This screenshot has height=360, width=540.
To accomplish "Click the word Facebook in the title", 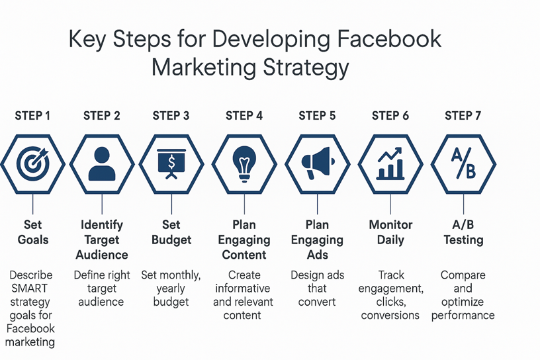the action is [x=389, y=38].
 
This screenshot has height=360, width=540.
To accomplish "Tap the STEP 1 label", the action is [x=32, y=116].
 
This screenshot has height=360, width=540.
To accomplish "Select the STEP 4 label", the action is [x=244, y=116].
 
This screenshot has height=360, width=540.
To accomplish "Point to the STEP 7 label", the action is [x=463, y=116].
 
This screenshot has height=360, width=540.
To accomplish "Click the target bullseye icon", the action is [x=33, y=163].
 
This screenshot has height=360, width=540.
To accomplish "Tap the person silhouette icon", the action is [x=102, y=163].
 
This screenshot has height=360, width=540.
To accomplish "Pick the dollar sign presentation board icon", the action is [x=171, y=164].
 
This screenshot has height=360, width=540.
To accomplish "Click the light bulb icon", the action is [x=244, y=164].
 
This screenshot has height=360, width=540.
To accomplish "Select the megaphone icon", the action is [x=318, y=163].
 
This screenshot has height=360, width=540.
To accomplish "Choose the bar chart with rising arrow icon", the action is [x=390, y=163].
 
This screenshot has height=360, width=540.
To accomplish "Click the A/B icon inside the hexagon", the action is [x=463, y=163].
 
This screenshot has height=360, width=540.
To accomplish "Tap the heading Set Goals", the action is [x=33, y=232].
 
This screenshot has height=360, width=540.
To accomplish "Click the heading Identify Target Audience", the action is [x=102, y=240].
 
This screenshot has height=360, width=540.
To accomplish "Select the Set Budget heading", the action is [x=171, y=232].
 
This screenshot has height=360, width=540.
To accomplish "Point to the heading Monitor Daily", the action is [x=390, y=232].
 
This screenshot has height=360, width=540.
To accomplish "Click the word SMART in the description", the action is [x=30, y=289].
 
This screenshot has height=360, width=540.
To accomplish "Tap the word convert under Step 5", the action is [x=317, y=302].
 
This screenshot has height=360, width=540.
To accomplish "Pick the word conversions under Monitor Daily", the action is [x=390, y=315].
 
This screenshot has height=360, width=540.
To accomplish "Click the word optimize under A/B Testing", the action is [x=463, y=302].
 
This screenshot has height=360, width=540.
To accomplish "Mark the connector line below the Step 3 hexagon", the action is [x=171, y=204].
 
